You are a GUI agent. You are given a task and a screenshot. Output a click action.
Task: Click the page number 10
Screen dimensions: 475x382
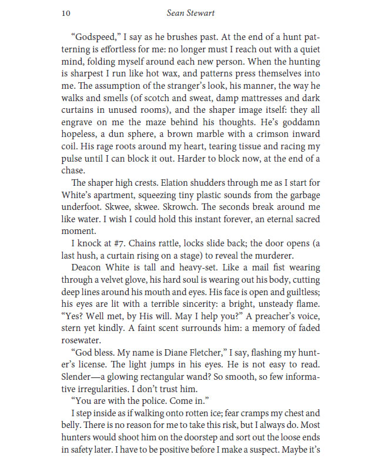66,12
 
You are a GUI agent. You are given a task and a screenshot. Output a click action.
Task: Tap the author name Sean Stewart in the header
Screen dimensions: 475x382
190,12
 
